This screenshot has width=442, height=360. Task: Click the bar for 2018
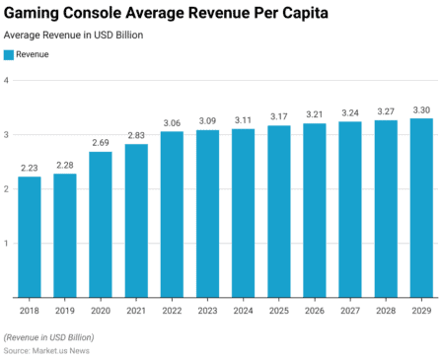(x=30, y=237)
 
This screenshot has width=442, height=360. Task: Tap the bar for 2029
(x=421, y=207)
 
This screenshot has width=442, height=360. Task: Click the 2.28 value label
(x=65, y=165)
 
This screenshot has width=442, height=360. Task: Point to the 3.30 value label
(x=421, y=109)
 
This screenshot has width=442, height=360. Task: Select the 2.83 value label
(x=136, y=135)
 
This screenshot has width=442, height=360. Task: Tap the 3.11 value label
(x=243, y=120)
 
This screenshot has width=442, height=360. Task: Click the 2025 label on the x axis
(x=278, y=310)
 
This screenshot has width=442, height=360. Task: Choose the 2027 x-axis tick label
(x=350, y=310)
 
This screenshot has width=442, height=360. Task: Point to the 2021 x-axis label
(x=136, y=310)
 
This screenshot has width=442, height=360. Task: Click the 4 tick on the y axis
(x=7, y=81)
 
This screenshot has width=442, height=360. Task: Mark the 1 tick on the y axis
(x=7, y=244)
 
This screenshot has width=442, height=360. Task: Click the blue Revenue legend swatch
(x=9, y=55)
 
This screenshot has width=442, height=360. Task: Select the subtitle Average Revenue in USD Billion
(x=73, y=35)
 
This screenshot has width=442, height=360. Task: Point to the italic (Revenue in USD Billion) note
(x=49, y=337)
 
